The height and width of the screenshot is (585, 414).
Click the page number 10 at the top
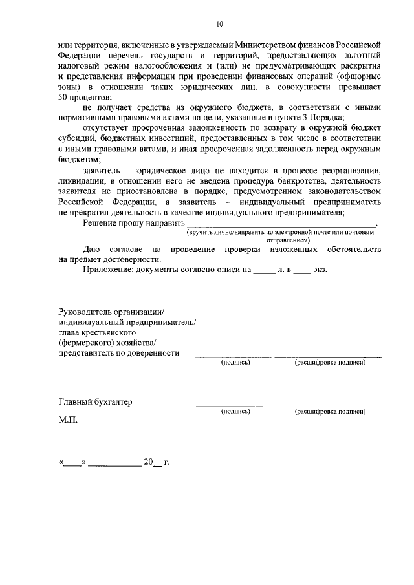pos(219,24)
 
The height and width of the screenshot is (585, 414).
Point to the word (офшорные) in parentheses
pos(352,76)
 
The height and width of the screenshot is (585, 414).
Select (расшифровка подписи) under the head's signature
pos(330,363)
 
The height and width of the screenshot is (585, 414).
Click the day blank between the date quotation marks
pos(72,463)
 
